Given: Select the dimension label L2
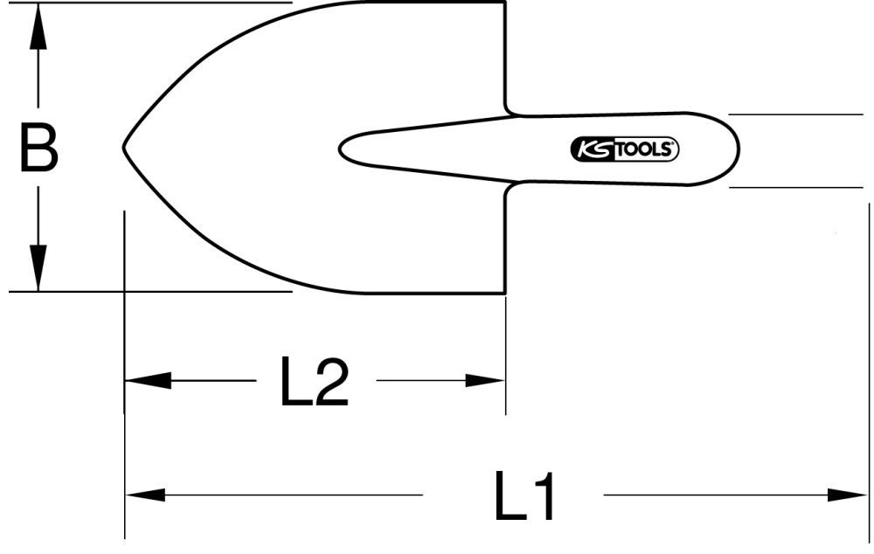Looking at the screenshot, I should click(314, 382).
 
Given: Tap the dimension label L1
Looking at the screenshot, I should click(524, 497).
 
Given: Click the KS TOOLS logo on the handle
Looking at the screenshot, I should click(624, 149).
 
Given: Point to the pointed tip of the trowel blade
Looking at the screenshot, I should click(123, 147).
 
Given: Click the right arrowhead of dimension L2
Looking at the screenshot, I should click(484, 381).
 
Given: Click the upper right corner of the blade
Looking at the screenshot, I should click(505, 4).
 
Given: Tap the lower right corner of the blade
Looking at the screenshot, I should click(505, 292).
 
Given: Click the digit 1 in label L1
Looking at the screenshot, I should click(542, 497).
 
